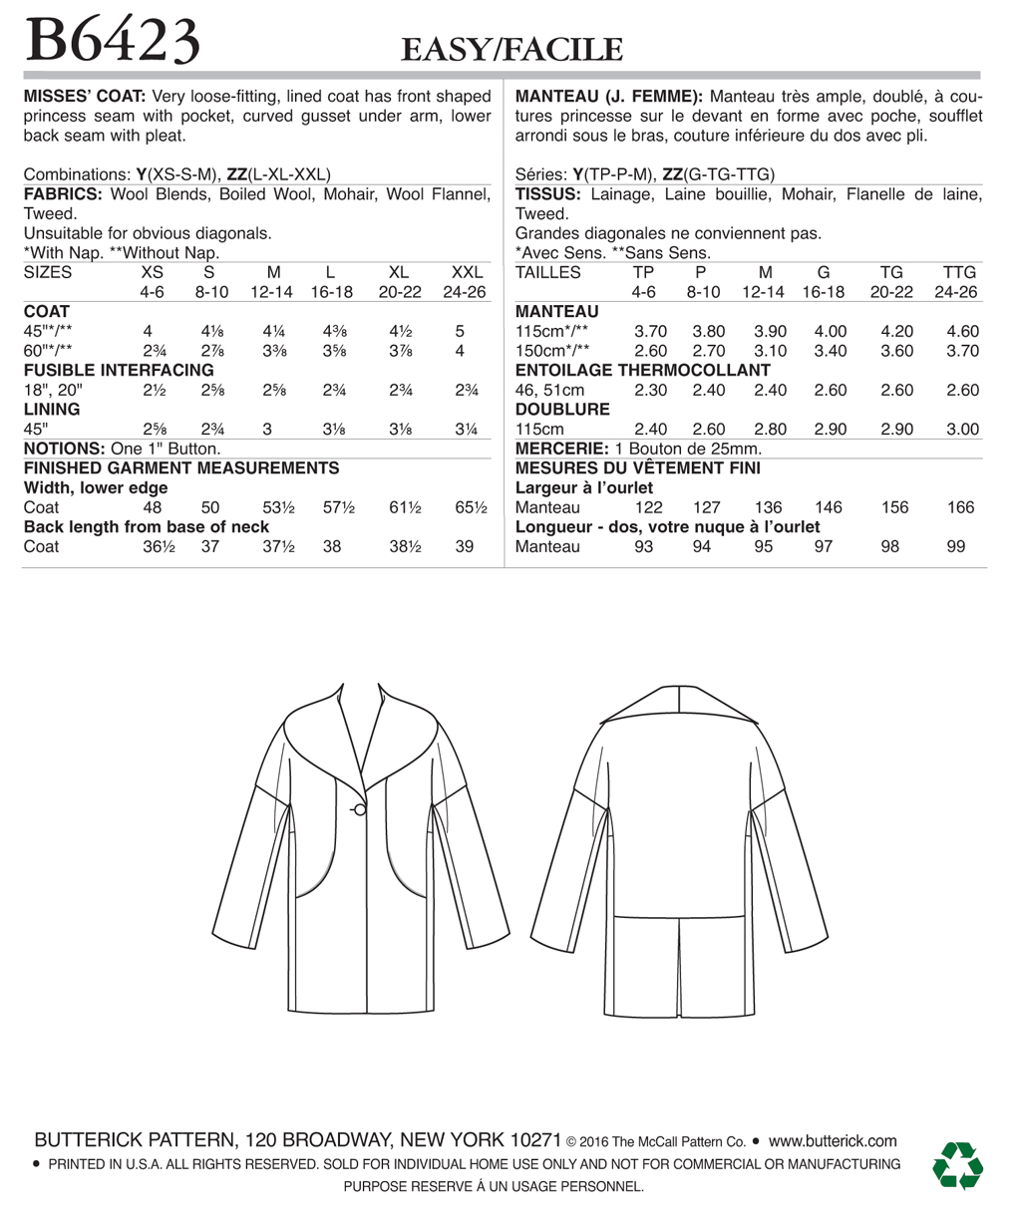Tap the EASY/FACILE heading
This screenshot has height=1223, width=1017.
511,50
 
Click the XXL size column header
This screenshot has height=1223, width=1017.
467,272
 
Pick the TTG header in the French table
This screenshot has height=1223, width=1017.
959,272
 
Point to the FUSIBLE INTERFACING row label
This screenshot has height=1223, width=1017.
119,370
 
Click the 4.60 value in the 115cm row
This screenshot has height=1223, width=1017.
962,331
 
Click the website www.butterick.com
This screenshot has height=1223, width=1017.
833,1141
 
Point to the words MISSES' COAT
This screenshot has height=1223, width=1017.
85,97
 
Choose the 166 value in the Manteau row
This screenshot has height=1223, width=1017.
960,507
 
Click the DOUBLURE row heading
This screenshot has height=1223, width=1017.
562,410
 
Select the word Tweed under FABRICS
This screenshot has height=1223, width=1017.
50,214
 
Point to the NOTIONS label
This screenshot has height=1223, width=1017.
64,449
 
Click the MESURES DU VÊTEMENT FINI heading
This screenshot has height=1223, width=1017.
637,467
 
